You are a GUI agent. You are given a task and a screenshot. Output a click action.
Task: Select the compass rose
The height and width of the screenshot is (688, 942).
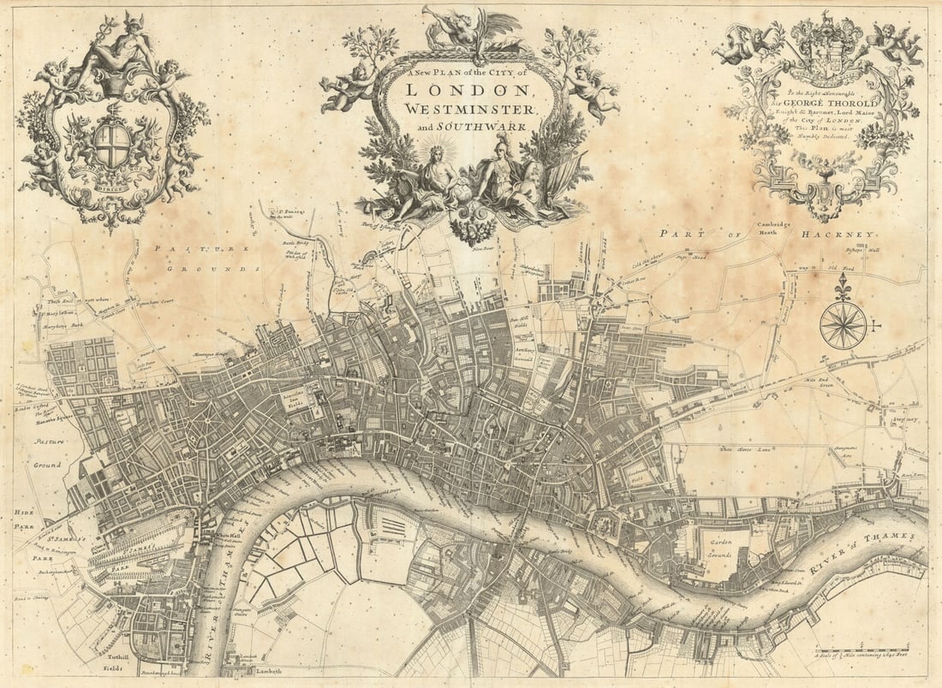[843, 325]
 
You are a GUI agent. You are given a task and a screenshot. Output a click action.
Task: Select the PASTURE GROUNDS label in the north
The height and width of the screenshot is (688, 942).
[206, 258]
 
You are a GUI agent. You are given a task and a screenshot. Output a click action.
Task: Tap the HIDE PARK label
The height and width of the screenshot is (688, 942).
[23, 519]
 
